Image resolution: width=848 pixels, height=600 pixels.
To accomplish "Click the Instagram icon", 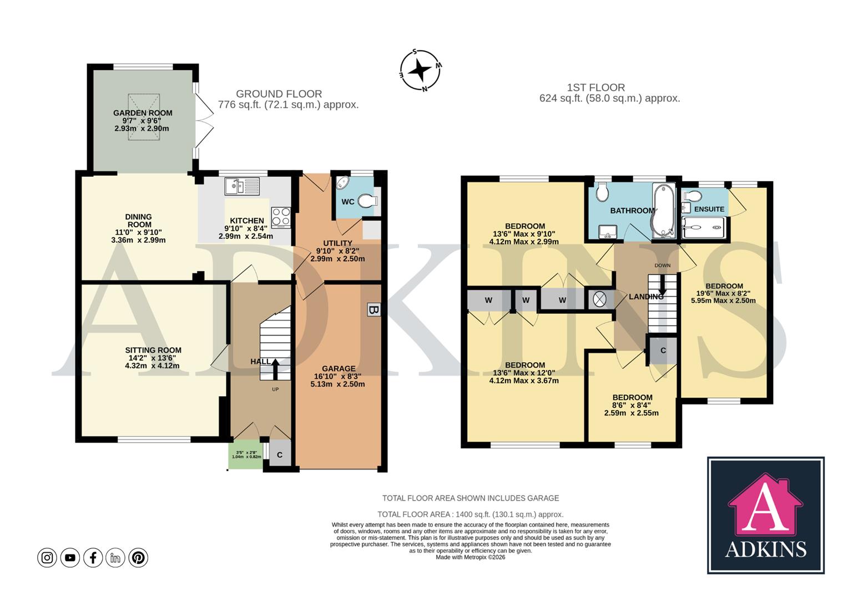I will [x=47, y=557].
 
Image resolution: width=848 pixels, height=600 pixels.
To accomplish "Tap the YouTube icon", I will [x=70, y=557].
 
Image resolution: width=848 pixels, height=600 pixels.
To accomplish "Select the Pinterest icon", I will [x=138, y=557].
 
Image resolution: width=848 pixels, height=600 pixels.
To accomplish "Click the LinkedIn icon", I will [x=115, y=557].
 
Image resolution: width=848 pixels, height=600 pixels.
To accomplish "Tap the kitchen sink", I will [x=242, y=186].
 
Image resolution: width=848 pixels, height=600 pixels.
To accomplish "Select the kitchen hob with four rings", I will [x=281, y=217].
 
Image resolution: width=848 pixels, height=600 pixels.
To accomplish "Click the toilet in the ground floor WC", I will [x=367, y=201].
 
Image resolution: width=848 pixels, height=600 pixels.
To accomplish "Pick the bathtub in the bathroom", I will [x=662, y=211].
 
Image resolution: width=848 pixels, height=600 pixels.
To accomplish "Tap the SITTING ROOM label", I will [x=153, y=350].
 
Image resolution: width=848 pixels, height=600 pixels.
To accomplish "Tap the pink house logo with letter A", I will [x=765, y=504].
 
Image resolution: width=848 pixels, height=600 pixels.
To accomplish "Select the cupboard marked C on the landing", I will [x=663, y=351].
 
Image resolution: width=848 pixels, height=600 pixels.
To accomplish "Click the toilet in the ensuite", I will [x=693, y=196].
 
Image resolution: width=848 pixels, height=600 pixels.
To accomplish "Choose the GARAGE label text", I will [x=339, y=368].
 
